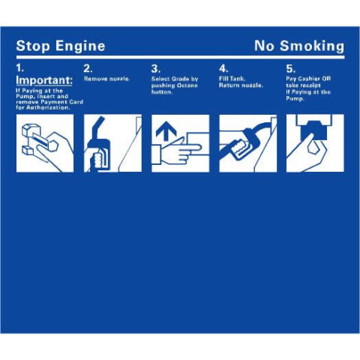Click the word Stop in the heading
(x=33, y=46)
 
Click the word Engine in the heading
(x=80, y=46)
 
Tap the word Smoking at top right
(x=312, y=46)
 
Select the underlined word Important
(x=44, y=80)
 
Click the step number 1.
(x=19, y=67)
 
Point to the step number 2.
(x=88, y=68)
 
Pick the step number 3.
(x=155, y=68)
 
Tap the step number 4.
(x=223, y=68)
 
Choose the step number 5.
(x=290, y=68)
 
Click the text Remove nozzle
(x=107, y=79)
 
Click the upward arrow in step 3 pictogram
(x=166, y=131)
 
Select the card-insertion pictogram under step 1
(x=45, y=143)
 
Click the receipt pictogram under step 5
(x=315, y=143)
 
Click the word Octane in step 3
(x=187, y=85)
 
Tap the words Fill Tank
(x=232, y=79)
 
